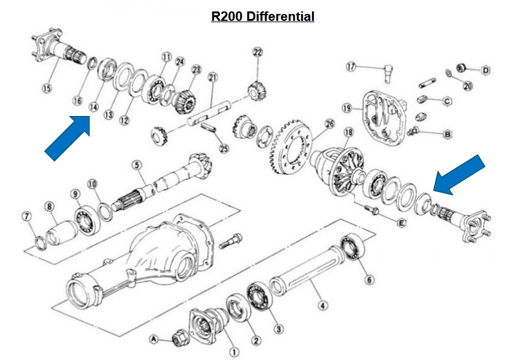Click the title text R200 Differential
pos(262,16)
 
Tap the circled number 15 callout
pos(46,88)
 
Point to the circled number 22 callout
pos(257,52)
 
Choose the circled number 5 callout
pos(136,165)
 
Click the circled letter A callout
pos(153,339)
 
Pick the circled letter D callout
pos(486,70)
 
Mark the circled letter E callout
pos(401,222)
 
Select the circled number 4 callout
pos(323,307)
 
